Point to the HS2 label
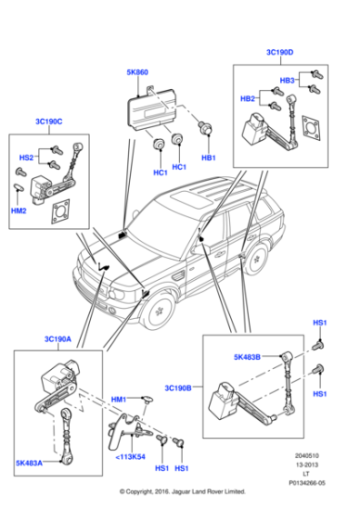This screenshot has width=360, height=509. click(x=26, y=157)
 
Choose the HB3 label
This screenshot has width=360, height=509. click(x=286, y=81)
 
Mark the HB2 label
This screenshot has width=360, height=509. click(x=246, y=98)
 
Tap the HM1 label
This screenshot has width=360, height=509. click(x=118, y=400)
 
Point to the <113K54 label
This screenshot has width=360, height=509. click(x=132, y=456)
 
